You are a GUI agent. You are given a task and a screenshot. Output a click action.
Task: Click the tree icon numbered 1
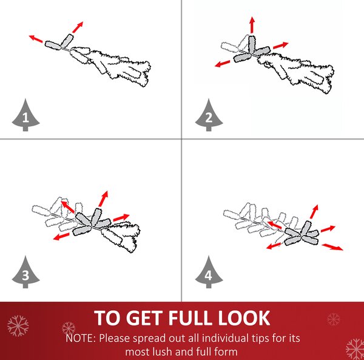point(25,115)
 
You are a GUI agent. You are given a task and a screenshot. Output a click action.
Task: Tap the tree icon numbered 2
point(209,115)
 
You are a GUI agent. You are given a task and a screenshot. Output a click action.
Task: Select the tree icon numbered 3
point(25,273)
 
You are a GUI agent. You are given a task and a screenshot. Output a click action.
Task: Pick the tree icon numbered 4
point(209,273)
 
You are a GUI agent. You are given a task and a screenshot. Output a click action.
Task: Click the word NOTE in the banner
point(81,338)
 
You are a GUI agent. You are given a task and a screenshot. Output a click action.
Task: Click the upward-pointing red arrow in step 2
point(252,25)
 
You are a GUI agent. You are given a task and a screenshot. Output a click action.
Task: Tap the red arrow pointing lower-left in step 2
point(223,64)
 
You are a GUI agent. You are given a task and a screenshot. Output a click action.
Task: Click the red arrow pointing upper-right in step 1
point(78,27)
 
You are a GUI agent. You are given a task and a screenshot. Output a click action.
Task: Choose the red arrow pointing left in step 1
point(36,39)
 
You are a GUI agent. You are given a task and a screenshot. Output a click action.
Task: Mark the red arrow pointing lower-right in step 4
point(332,247)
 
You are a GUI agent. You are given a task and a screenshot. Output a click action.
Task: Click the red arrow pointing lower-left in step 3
point(61,236)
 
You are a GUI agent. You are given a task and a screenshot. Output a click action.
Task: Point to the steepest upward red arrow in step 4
point(314,212)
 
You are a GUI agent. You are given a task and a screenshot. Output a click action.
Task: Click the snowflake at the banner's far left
point(18,326)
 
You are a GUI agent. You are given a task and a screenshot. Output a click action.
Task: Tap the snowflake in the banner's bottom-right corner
point(355,349)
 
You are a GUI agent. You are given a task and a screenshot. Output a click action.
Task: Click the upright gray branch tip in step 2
point(252,44)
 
